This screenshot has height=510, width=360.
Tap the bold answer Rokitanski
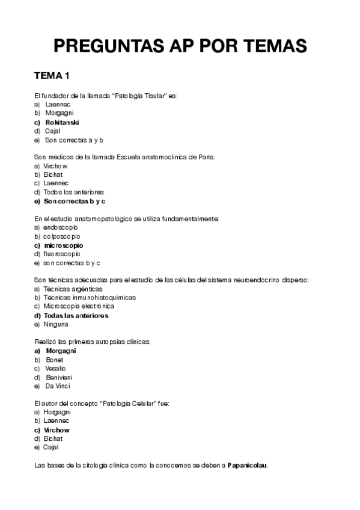point(63,122)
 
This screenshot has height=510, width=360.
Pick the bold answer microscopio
point(63,245)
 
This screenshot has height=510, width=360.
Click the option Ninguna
point(56,324)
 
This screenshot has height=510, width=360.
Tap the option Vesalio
point(56,368)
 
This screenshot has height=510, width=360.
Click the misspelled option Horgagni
point(57,413)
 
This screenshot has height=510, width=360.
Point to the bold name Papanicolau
point(248,465)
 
